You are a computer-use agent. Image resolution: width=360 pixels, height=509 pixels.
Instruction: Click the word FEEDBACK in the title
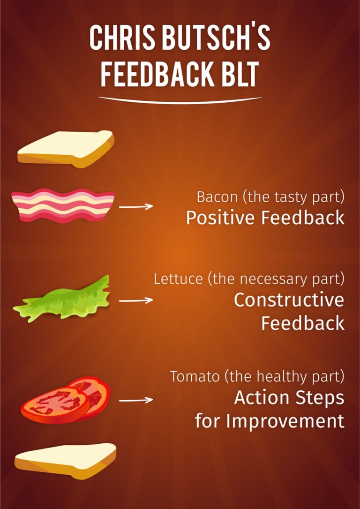[157, 74]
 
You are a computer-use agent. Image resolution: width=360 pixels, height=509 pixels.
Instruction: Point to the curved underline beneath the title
[180, 100]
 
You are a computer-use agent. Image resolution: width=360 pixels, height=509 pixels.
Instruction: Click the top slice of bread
[66, 149]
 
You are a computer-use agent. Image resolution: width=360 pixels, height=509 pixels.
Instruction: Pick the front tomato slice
[55, 405]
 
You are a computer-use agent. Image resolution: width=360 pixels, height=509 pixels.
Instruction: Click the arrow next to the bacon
[136, 206]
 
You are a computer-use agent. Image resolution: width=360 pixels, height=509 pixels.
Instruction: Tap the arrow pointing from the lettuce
[136, 301]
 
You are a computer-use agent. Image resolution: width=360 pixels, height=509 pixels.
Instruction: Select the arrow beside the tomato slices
[136, 400]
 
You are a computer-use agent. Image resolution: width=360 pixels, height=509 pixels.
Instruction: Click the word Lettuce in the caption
[178, 279]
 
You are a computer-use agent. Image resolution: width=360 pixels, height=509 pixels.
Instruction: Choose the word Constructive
[289, 300]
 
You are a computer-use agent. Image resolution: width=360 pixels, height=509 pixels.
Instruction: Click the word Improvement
[285, 421]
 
